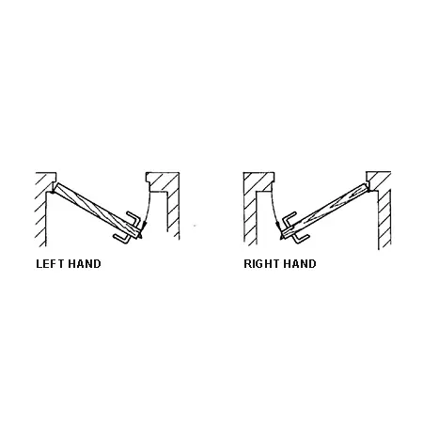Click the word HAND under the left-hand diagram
coord(85,264)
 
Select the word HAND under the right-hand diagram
coord(300,264)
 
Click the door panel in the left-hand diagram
coord(97,210)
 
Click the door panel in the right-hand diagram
coord(324,211)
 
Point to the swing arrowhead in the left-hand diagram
coord(144,226)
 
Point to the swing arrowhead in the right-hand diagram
coord(277,226)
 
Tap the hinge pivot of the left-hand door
coord(53,190)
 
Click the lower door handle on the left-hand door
coord(122,239)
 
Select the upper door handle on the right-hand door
coord(290,217)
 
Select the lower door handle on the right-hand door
coord(302,239)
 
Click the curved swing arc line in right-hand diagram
coord(274,209)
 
